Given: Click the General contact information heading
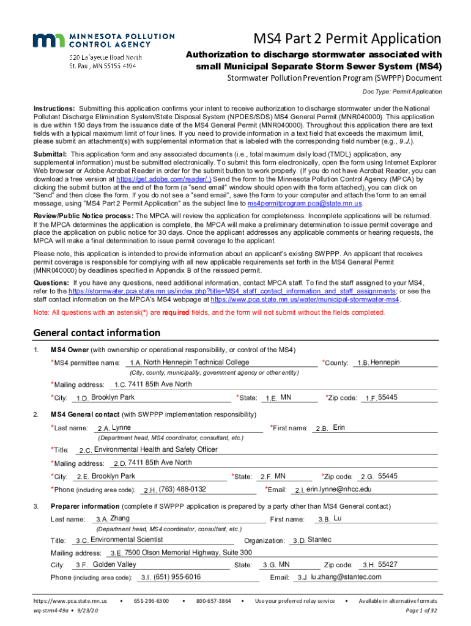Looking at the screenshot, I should click(x=97, y=333).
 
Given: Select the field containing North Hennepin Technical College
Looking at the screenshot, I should click(x=196, y=363).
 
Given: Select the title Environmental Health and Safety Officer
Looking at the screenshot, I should click(x=155, y=449).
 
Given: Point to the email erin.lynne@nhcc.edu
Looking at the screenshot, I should click(x=339, y=489).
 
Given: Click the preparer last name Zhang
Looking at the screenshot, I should click(x=120, y=518).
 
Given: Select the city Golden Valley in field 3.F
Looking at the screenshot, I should click(x=114, y=564).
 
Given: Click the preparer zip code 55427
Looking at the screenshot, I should click(x=388, y=564).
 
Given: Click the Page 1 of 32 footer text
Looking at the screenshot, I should click(x=421, y=610).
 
